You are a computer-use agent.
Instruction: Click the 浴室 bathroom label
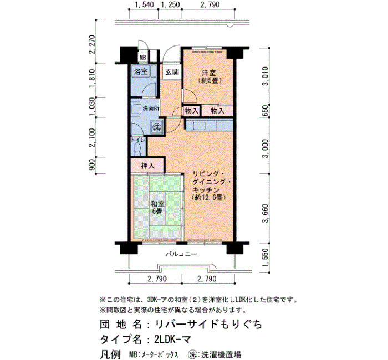tap(141, 71)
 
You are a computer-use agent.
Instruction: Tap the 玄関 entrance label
tap(172, 72)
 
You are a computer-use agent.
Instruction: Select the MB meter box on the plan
tap(143, 58)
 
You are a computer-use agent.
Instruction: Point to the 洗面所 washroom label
tap(151, 109)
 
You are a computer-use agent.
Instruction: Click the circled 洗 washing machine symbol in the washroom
tap(157, 127)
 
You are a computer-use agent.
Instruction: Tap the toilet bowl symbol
tap(137, 149)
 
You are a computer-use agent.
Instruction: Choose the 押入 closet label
tap(148, 166)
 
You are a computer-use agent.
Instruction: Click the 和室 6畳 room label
tap(157, 208)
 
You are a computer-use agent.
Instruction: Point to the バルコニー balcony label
tap(181, 254)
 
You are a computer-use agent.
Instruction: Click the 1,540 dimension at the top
tap(145, 4)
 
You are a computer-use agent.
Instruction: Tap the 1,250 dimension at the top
tap(171, 4)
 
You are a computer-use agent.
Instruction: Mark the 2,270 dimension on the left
tap(93, 44)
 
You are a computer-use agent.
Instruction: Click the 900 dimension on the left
tap(92, 164)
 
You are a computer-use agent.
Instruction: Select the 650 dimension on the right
tap(264, 111)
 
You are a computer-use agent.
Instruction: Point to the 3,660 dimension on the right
tap(265, 213)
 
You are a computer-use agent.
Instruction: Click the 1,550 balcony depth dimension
tap(265, 258)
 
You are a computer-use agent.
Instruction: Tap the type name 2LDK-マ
tap(172, 339)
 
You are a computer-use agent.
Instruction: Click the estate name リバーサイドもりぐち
tap(208, 324)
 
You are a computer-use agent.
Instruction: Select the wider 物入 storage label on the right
tap(217, 111)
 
